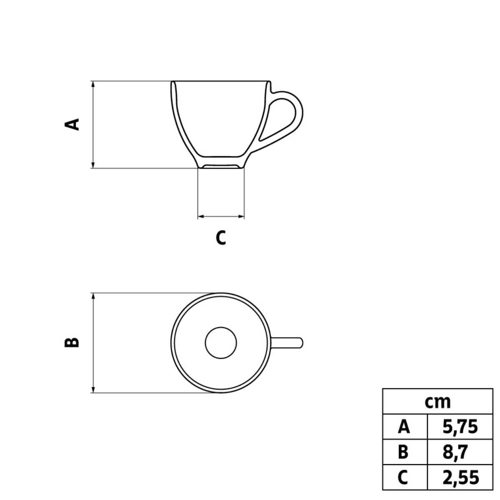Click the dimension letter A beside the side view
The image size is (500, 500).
pyautogui.click(x=73, y=124)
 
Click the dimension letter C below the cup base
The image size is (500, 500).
pyautogui.click(x=221, y=237)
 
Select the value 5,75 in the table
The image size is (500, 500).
pyautogui.click(x=460, y=427)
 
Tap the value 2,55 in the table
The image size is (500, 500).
pyautogui.click(x=460, y=477)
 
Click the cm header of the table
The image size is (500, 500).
pyautogui.click(x=437, y=402)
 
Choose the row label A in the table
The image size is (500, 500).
pyautogui.click(x=404, y=427)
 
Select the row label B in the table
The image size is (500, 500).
pyautogui.click(x=404, y=452)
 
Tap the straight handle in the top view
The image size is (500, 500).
pyautogui.click(x=287, y=342)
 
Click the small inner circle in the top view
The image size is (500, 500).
pyautogui.click(x=221, y=342)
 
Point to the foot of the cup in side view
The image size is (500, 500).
pyautogui.click(x=221, y=166)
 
